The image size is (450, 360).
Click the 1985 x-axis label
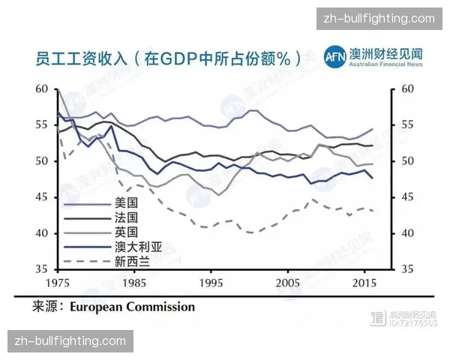click(x=136, y=284)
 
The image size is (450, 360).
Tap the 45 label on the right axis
click(x=407, y=197)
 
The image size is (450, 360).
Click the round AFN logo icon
click(x=334, y=57)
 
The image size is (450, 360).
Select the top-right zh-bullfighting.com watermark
click(x=379, y=19)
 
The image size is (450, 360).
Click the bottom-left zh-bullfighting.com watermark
click(x=71, y=341)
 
